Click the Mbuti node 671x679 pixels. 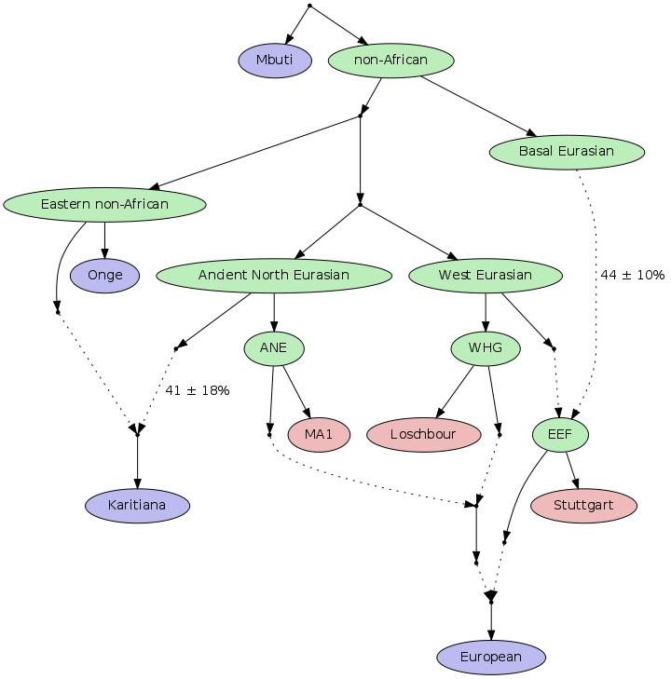click(275, 61)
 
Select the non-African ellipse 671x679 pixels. click(390, 61)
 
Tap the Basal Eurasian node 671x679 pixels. click(567, 152)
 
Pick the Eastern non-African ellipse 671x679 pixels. click(104, 204)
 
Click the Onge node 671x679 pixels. click(104, 276)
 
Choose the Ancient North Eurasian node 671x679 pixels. click(274, 276)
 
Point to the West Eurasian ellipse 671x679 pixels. click(486, 276)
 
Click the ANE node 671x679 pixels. click(274, 348)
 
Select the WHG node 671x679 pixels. click(486, 348)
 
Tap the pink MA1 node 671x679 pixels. click(319, 434)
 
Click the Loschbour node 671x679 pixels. click(424, 434)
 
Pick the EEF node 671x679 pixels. click(560, 434)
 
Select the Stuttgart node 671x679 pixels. click(583, 506)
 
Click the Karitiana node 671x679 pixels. click(137, 506)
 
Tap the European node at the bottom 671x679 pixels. click(491, 658)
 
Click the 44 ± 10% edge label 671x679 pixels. click(633, 275)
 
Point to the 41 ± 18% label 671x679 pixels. click(197, 390)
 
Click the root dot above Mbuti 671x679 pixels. click(309, 6)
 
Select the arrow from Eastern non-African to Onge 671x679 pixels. click(104, 240)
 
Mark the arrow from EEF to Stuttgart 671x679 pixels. click(572, 470)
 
